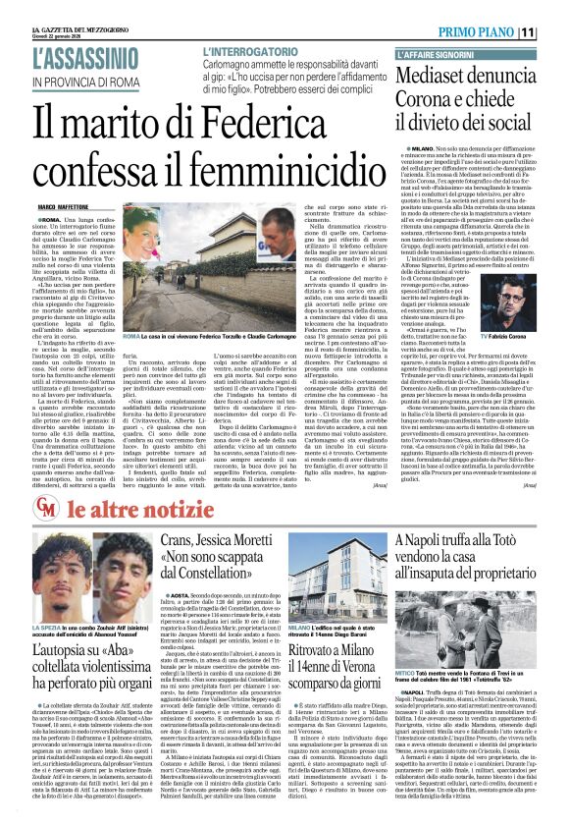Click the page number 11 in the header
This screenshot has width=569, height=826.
point(554,32)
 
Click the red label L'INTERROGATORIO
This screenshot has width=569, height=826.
point(259,49)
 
